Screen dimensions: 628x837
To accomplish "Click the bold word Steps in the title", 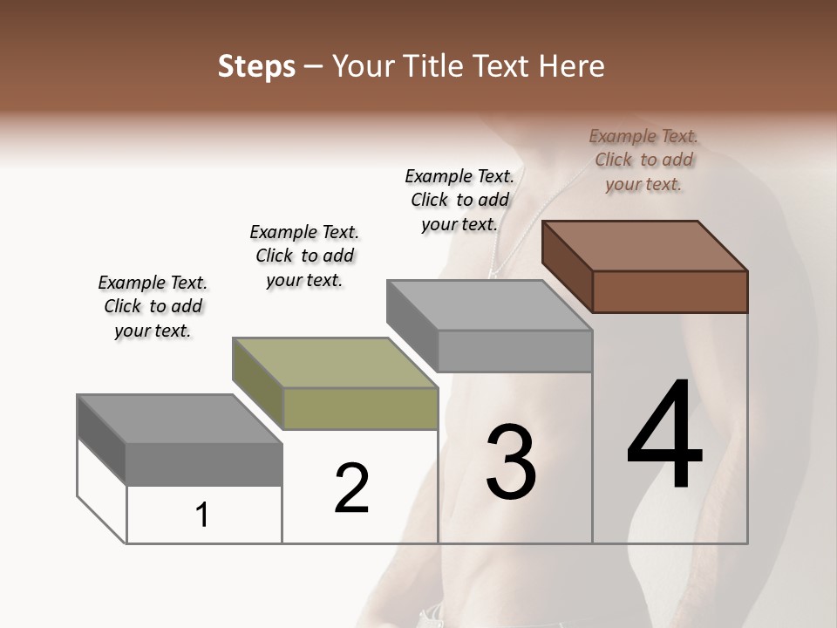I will click(x=256, y=66).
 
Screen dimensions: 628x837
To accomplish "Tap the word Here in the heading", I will click(x=572, y=66).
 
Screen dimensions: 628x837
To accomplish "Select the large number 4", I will click(x=664, y=436).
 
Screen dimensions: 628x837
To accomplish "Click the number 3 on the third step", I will click(x=511, y=462).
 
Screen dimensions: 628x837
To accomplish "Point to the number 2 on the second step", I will click(x=352, y=488).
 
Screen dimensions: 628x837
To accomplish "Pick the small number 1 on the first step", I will click(x=202, y=515).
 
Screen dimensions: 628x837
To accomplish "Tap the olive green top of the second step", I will click(x=336, y=362).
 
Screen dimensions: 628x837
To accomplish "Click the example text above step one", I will click(x=153, y=306).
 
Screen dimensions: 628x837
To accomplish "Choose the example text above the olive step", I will click(x=304, y=256).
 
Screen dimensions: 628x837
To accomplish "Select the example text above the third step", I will click(x=459, y=200).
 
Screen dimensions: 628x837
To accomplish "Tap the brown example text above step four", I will click(x=643, y=160).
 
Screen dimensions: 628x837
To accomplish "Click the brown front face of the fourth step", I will click(x=670, y=291).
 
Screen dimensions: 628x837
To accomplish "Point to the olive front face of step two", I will click(x=361, y=408).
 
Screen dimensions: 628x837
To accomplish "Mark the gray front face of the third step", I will click(x=514, y=351).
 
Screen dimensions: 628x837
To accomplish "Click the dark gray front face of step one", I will click(x=204, y=463).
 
